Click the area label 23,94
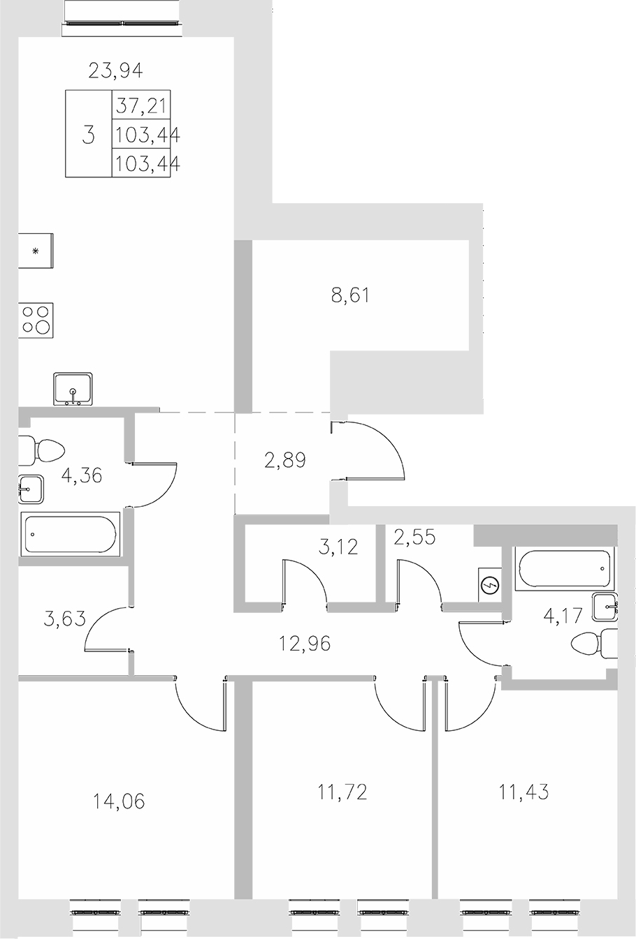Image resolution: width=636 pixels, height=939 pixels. pos(116,70)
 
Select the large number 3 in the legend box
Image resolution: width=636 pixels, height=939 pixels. pos(88,134)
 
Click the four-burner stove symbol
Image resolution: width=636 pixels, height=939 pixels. pos(36,319)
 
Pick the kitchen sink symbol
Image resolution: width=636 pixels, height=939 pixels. pos(73,390)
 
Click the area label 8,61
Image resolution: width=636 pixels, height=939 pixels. pos(350,295)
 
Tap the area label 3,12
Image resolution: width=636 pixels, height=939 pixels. pos(338,547)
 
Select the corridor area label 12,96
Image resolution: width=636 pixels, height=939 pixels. pos(304,642)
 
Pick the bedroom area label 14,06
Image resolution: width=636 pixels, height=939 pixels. pos(119,801)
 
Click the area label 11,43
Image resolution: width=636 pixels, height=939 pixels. pos(523,792)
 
